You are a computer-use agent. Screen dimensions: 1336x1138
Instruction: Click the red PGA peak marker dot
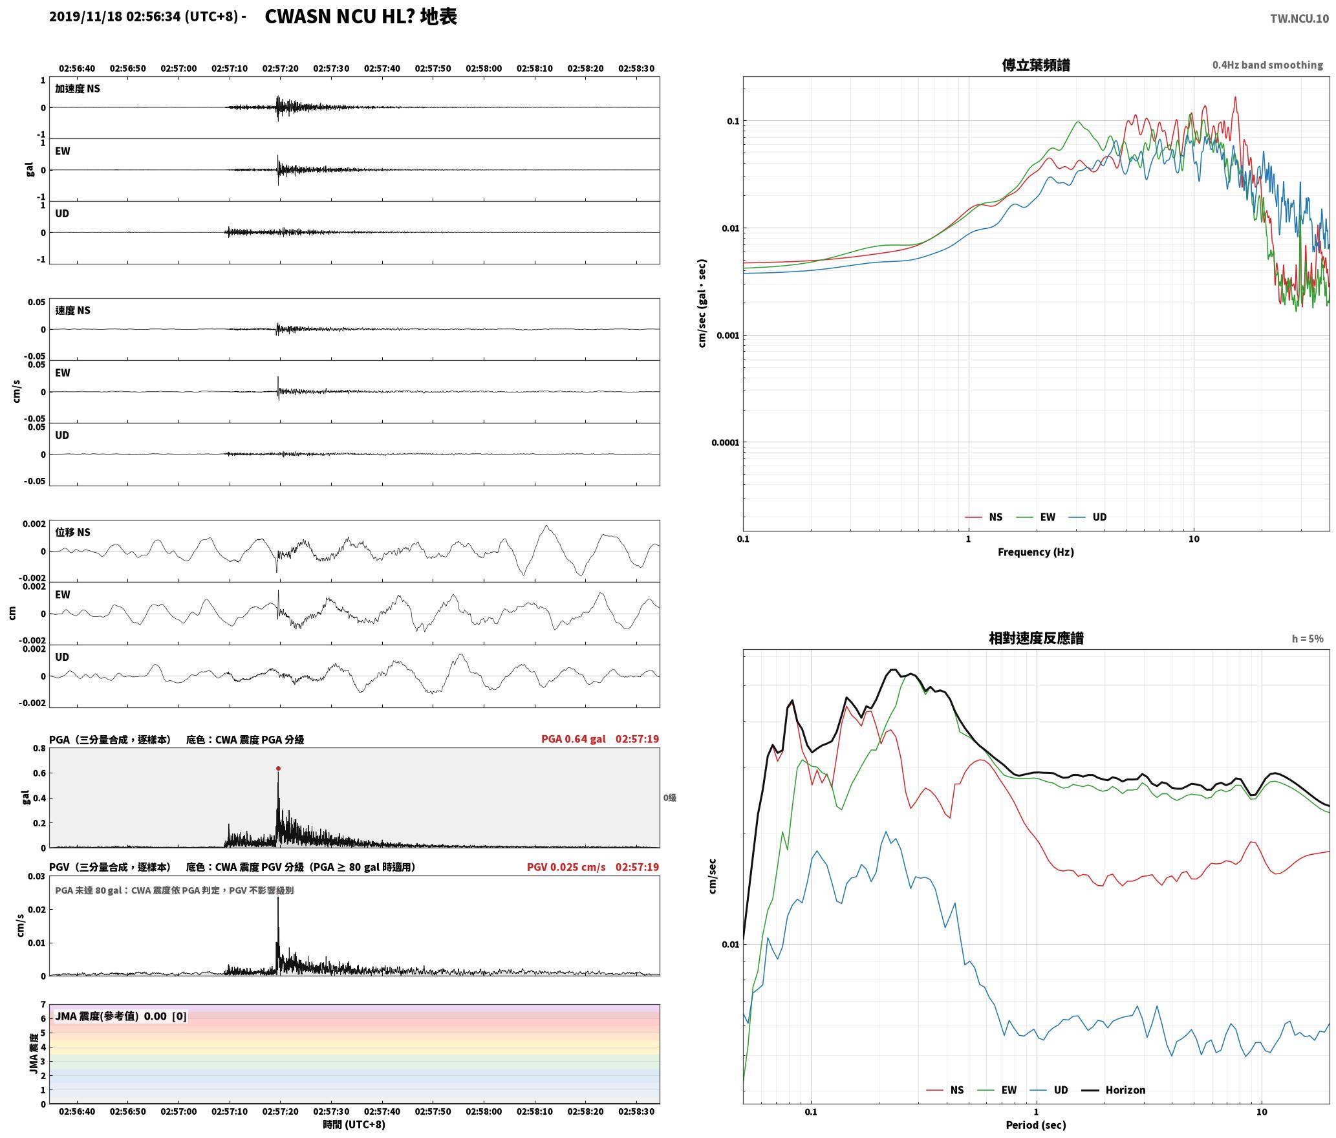(x=278, y=769)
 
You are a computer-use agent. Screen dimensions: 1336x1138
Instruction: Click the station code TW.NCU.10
(x=1299, y=18)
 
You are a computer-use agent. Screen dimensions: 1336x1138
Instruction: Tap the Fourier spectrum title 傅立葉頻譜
(x=1035, y=65)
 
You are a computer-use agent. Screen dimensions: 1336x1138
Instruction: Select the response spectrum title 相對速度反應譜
(x=1036, y=638)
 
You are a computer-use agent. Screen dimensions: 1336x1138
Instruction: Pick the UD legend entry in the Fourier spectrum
(x=1088, y=517)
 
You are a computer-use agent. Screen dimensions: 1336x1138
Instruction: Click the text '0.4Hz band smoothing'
(x=1267, y=65)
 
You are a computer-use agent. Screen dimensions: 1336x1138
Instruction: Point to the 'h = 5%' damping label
(x=1308, y=639)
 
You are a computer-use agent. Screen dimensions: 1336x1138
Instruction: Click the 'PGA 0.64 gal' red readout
(x=573, y=739)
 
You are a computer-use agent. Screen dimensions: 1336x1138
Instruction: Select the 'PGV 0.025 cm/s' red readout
(x=566, y=867)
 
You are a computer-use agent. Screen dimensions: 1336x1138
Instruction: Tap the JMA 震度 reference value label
(x=121, y=1016)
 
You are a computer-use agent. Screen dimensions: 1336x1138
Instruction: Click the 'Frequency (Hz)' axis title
(x=1035, y=552)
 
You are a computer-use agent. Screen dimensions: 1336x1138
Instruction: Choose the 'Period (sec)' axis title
(x=1035, y=1125)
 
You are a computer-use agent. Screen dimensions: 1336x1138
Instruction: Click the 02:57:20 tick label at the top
(x=280, y=69)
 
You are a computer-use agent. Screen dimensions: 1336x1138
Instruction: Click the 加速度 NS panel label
(x=78, y=89)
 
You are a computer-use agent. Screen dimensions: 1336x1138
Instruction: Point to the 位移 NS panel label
(x=72, y=532)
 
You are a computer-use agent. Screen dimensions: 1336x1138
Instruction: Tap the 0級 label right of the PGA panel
(x=669, y=798)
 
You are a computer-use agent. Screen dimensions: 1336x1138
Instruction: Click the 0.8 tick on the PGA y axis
(x=39, y=749)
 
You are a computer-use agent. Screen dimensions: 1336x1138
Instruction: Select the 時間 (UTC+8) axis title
(x=354, y=1124)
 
